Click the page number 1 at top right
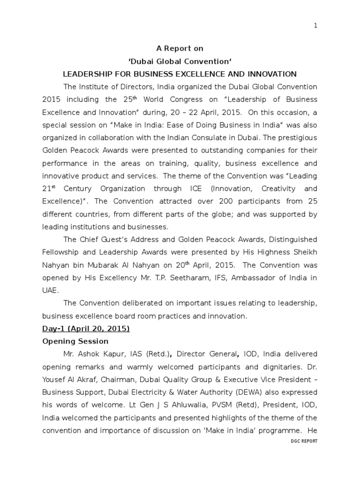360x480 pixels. point(315,26)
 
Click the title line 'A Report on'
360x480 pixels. point(180,48)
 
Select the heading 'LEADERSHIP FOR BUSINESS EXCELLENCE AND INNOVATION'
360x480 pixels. point(180,74)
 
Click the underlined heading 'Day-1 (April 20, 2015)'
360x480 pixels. point(86,329)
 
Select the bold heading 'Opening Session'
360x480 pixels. point(75,341)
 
